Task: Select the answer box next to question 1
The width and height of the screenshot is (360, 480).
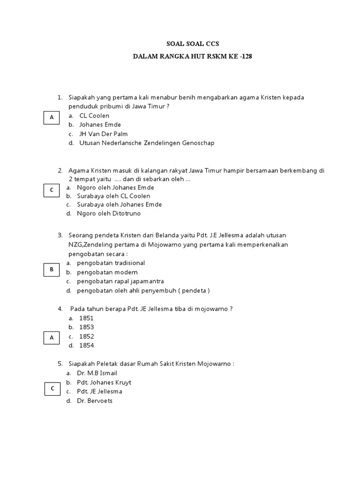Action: coord(52,118)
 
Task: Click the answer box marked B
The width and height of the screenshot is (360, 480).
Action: coord(52,270)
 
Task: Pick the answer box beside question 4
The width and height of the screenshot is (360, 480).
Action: coord(52,337)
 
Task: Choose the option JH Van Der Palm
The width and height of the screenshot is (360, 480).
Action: coord(103,134)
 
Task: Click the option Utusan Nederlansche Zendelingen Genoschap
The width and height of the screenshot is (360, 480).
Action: coord(147,143)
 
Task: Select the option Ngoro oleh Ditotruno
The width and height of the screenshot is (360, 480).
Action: coord(109,213)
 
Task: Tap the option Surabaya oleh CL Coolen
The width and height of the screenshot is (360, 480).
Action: coord(113,195)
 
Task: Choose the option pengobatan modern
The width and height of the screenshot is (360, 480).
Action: coord(107,272)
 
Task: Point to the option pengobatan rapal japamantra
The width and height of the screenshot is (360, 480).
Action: coord(120,281)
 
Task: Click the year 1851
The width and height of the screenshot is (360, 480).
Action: coord(87,318)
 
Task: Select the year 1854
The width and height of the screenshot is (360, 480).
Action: coord(87,345)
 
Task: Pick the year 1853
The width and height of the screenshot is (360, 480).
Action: coord(87,327)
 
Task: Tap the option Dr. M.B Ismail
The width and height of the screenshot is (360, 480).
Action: coord(98,373)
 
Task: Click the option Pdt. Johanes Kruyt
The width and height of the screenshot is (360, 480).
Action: coord(104,382)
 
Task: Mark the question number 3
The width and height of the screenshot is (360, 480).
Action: coord(60,234)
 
